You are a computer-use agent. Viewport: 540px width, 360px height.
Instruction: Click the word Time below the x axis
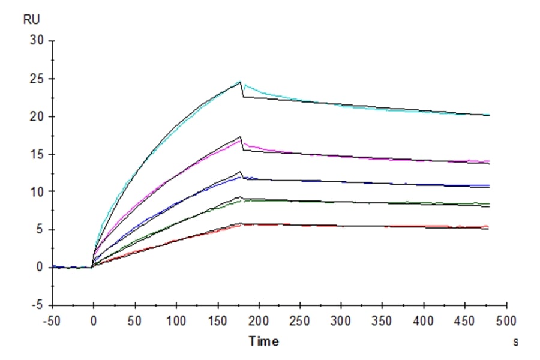(264, 341)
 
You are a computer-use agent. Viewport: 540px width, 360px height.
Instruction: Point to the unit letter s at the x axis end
(515, 342)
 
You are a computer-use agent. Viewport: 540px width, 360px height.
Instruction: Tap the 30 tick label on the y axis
(37, 41)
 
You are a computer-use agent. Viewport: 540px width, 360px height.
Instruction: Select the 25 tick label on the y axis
(37, 79)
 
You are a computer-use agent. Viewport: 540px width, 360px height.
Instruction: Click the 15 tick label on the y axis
(37, 154)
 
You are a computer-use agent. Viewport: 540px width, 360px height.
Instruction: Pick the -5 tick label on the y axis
(37, 305)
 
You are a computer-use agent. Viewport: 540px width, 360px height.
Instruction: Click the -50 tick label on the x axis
(52, 321)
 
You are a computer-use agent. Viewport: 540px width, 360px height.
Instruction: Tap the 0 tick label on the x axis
(93, 321)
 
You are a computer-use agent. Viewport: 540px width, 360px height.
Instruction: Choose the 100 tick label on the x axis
(176, 321)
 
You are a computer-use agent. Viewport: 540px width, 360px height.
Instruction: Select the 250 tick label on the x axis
(300, 321)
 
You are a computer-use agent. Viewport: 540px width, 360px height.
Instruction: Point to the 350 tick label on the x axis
(383, 321)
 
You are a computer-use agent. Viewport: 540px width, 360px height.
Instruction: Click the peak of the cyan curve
(240, 82)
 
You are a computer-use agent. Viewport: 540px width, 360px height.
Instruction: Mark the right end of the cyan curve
(489, 115)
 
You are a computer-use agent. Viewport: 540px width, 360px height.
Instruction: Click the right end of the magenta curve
(489, 161)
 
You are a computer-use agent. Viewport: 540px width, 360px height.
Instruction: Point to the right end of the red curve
(489, 227)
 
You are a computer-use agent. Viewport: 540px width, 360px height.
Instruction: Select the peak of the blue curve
(240, 176)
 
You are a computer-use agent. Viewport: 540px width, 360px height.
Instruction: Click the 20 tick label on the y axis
(37, 116)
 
